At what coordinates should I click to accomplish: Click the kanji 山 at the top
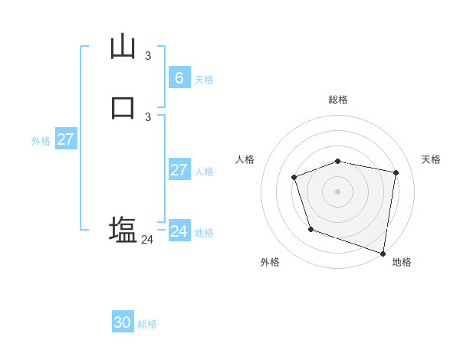tap(123, 47)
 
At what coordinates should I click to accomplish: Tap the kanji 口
tap(123, 107)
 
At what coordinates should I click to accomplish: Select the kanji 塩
tap(123, 230)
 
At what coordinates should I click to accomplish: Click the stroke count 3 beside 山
tap(148, 55)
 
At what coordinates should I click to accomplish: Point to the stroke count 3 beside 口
tap(148, 116)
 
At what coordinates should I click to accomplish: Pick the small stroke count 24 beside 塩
tap(147, 240)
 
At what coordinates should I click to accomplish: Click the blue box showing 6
tap(179, 77)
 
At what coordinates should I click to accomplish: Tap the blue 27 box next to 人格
tap(179, 169)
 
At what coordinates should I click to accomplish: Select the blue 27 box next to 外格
tap(65, 139)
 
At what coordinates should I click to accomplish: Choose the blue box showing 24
tap(179, 231)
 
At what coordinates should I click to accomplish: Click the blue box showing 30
tap(122, 322)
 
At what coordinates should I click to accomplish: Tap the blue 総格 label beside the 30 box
tap(147, 324)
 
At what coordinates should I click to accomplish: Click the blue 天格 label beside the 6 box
tap(204, 80)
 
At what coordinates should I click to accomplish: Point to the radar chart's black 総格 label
tap(338, 100)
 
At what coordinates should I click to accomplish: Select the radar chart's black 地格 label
tap(402, 262)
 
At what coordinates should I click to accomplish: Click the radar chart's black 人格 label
tap(245, 159)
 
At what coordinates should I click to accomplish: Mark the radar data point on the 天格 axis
tap(396, 173)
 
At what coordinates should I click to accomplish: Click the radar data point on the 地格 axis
tap(383, 252)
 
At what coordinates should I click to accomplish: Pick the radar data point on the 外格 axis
tap(310, 229)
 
